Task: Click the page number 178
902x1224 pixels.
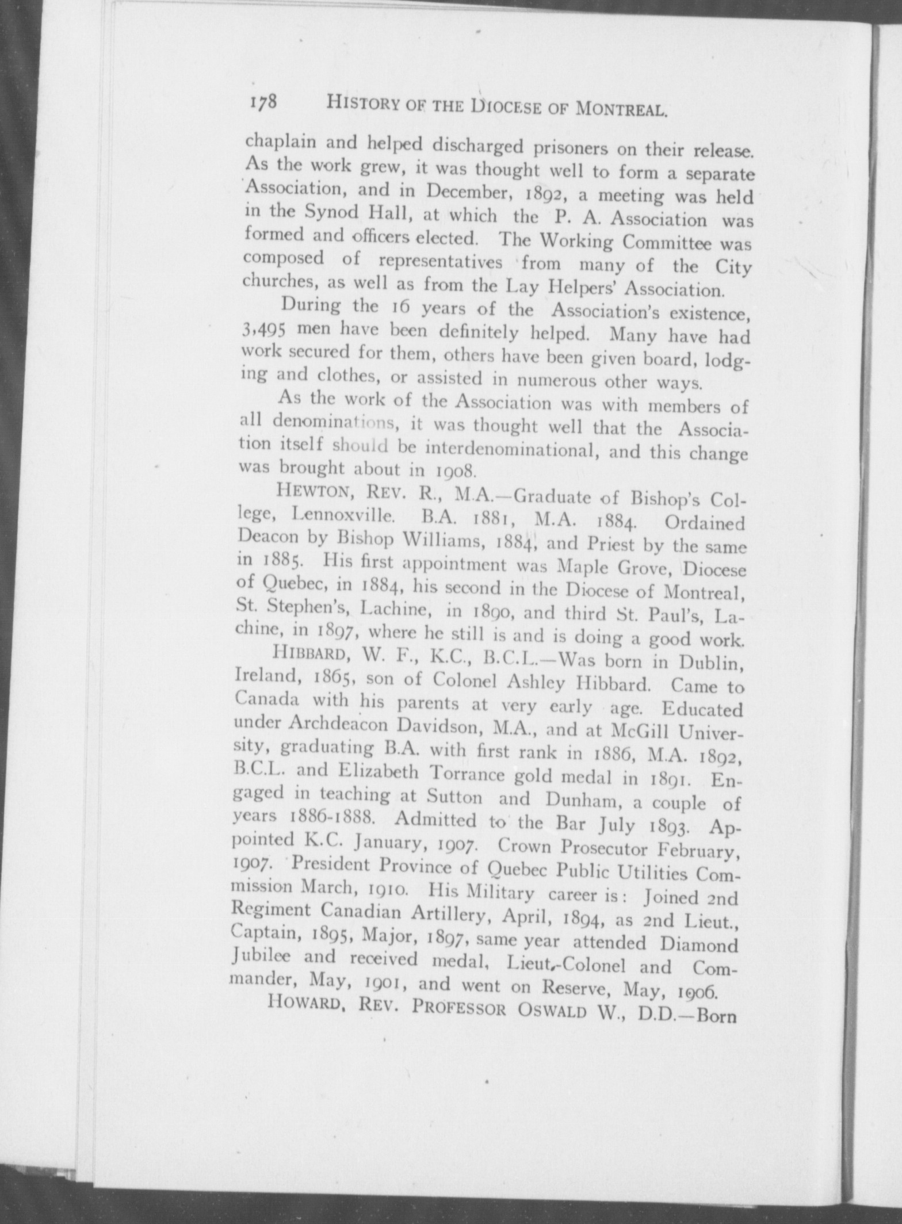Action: click(x=264, y=102)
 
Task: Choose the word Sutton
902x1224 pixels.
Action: click(x=454, y=797)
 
